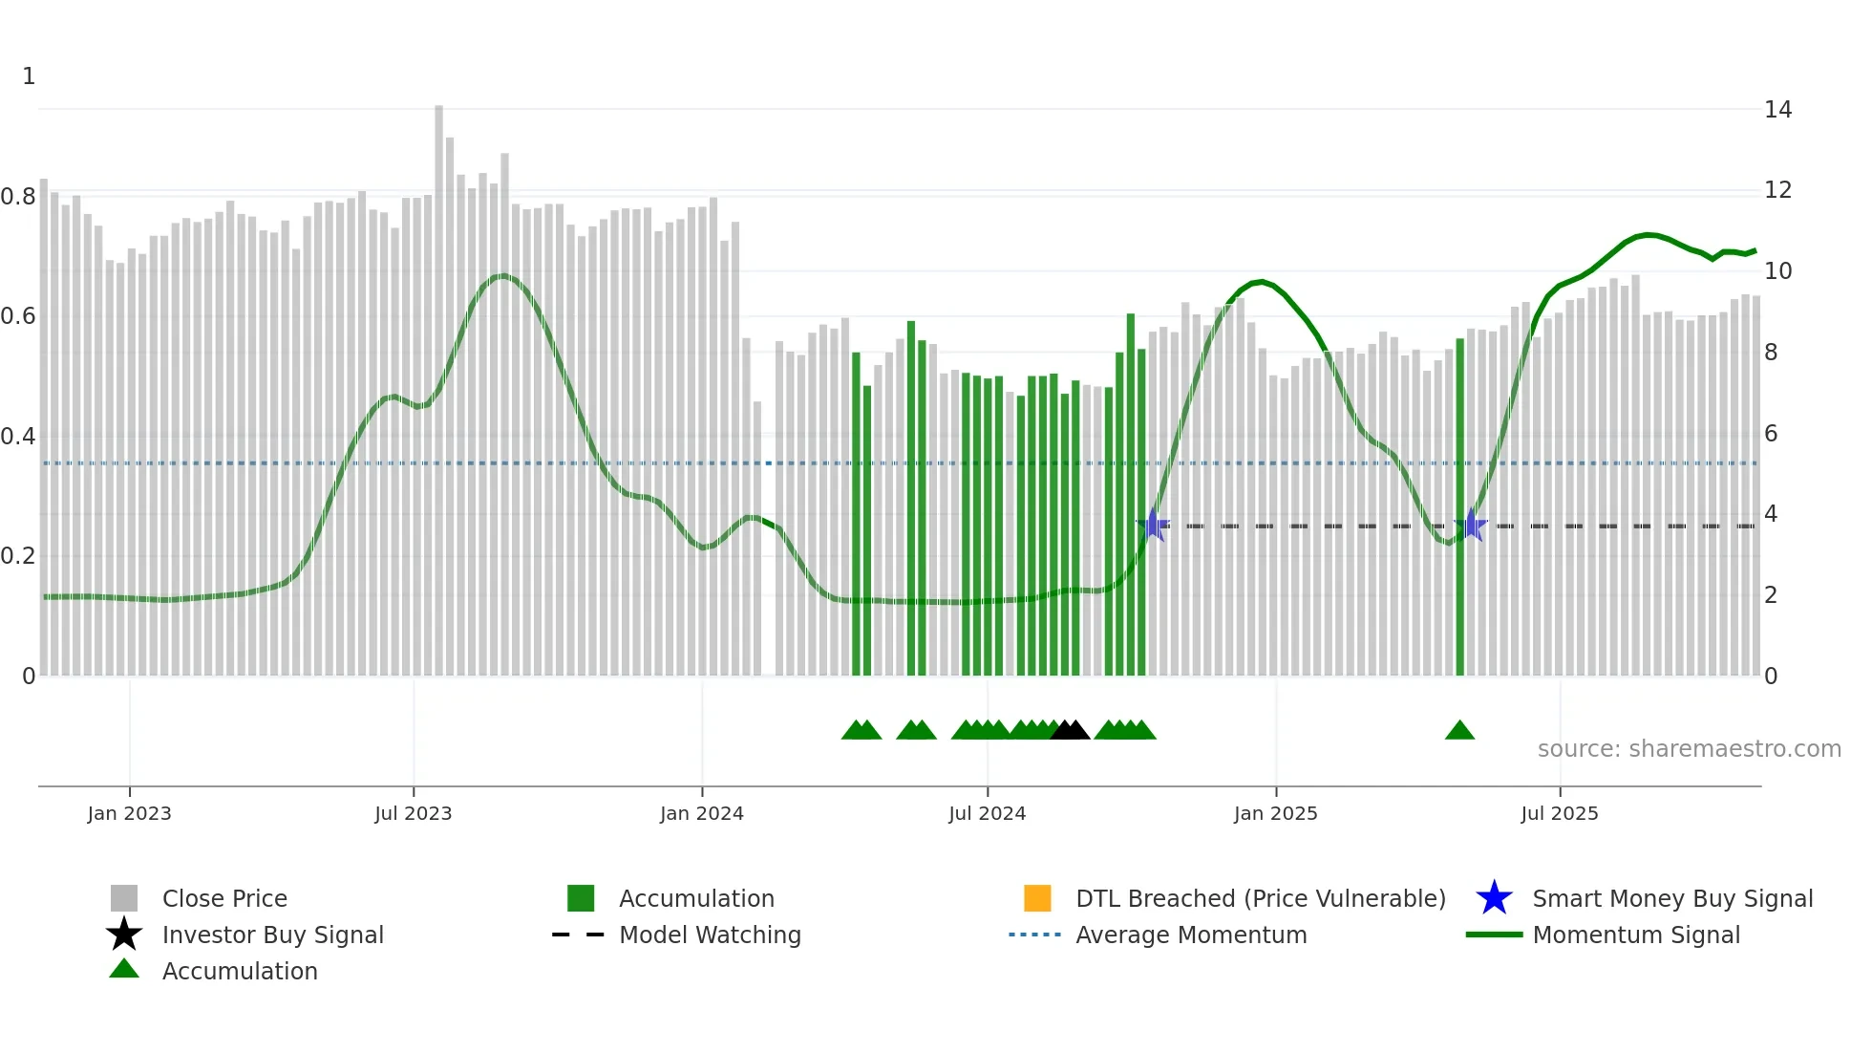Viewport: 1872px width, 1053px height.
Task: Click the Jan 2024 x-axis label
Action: coord(701,813)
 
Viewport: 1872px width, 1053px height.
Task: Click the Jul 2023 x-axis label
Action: coord(413,813)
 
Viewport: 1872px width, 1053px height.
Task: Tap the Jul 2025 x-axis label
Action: coord(1559,813)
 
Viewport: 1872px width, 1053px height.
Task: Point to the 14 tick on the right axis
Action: coord(1777,110)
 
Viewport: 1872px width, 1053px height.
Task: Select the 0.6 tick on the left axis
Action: coord(18,316)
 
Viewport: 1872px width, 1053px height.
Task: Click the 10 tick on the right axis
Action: coord(1777,271)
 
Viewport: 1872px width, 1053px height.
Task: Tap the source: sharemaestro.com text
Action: coord(1689,749)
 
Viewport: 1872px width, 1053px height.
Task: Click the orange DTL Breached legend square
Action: coord(1037,898)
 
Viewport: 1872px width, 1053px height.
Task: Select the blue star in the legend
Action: coord(1494,898)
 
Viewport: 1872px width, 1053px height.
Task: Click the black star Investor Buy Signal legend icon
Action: coord(124,935)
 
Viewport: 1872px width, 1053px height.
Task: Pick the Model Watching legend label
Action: coord(710,935)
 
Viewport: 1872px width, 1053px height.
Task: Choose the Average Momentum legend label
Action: coord(1191,935)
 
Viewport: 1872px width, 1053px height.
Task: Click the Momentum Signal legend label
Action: coord(1636,935)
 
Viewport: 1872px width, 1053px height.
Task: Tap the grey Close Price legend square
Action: coord(124,898)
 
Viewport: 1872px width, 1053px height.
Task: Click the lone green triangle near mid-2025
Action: coord(1459,731)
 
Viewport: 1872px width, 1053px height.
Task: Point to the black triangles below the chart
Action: coord(1070,731)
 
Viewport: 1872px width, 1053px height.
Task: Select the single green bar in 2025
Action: coord(1459,506)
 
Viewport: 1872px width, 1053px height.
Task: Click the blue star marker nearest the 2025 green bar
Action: coord(1471,526)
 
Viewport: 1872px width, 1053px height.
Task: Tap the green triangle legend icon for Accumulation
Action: coord(124,970)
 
